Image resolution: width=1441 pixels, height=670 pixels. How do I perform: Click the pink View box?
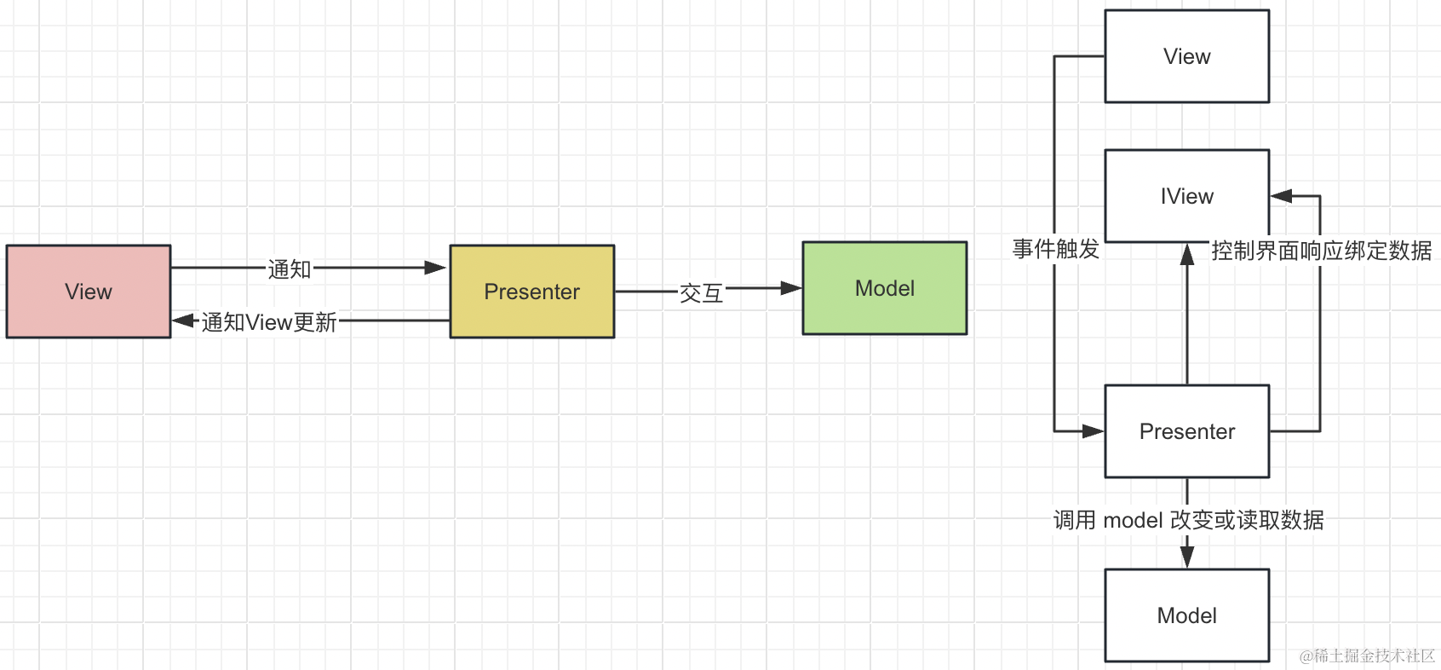(89, 292)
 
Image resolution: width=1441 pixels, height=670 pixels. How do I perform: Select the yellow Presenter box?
(531, 292)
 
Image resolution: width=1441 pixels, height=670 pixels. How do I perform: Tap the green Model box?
(884, 288)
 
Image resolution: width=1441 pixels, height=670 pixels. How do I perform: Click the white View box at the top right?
(1186, 56)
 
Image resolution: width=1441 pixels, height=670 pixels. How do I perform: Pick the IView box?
(1186, 196)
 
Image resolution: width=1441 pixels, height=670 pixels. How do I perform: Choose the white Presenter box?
(1186, 431)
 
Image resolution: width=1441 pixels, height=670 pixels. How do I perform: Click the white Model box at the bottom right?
(1186, 615)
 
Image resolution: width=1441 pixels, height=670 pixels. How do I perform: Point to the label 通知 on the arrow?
(290, 269)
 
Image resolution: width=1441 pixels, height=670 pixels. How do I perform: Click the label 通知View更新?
(269, 322)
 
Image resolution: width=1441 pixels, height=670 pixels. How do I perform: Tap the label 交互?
(701, 293)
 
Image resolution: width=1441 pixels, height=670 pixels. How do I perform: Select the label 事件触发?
(1056, 249)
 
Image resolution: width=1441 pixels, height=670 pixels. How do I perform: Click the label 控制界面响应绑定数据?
(1321, 251)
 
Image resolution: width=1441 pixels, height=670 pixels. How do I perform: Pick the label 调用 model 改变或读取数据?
(1188, 520)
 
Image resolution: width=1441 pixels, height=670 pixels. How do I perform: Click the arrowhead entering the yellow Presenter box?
(437, 268)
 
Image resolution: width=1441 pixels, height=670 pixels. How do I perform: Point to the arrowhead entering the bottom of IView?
(1187, 254)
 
